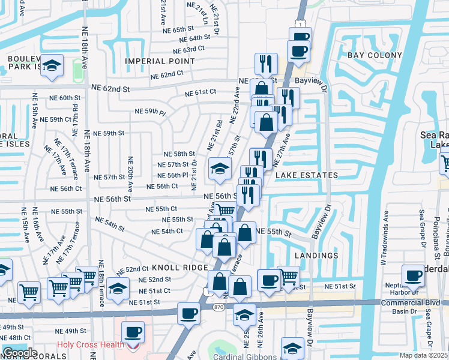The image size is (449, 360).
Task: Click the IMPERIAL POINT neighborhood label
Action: point(160,61)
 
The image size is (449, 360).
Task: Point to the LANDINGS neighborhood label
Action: point(318,256)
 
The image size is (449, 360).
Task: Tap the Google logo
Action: point(19,353)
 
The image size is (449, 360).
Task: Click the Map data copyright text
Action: point(424,355)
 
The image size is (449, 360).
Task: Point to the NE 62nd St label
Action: point(110,88)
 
